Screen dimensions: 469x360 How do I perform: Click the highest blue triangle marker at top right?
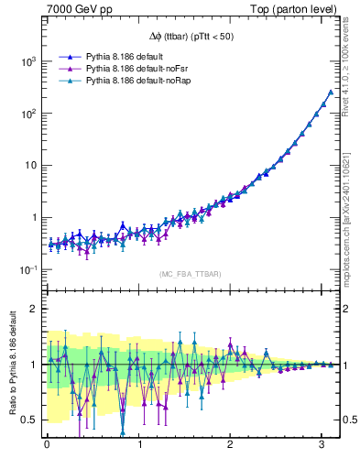click(x=330, y=92)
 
